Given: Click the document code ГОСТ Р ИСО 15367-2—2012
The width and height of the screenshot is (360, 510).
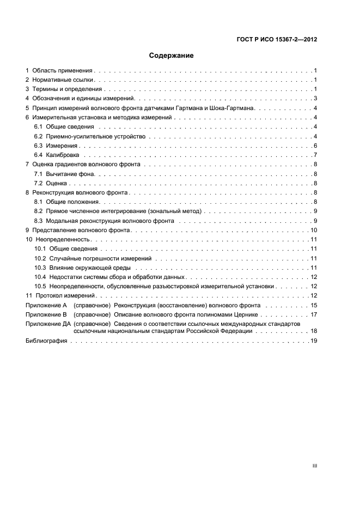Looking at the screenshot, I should pyautogui.click(x=278, y=39).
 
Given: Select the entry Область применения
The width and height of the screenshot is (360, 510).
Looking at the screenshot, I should pyautogui.click(x=63, y=71).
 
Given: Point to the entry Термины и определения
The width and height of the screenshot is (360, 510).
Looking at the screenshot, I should pyautogui.click(x=67, y=89).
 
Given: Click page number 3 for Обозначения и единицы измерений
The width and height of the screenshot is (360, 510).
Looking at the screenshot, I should pyautogui.click(x=315, y=99).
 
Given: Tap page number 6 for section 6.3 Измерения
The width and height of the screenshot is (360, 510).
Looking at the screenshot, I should pyautogui.click(x=315, y=145).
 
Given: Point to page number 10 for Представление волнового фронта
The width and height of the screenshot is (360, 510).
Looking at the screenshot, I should pyautogui.click(x=314, y=230).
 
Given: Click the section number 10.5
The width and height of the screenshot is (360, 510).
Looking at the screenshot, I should pyautogui.click(x=40, y=286).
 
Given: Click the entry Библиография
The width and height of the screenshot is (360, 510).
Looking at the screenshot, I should pyautogui.click(x=46, y=341).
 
